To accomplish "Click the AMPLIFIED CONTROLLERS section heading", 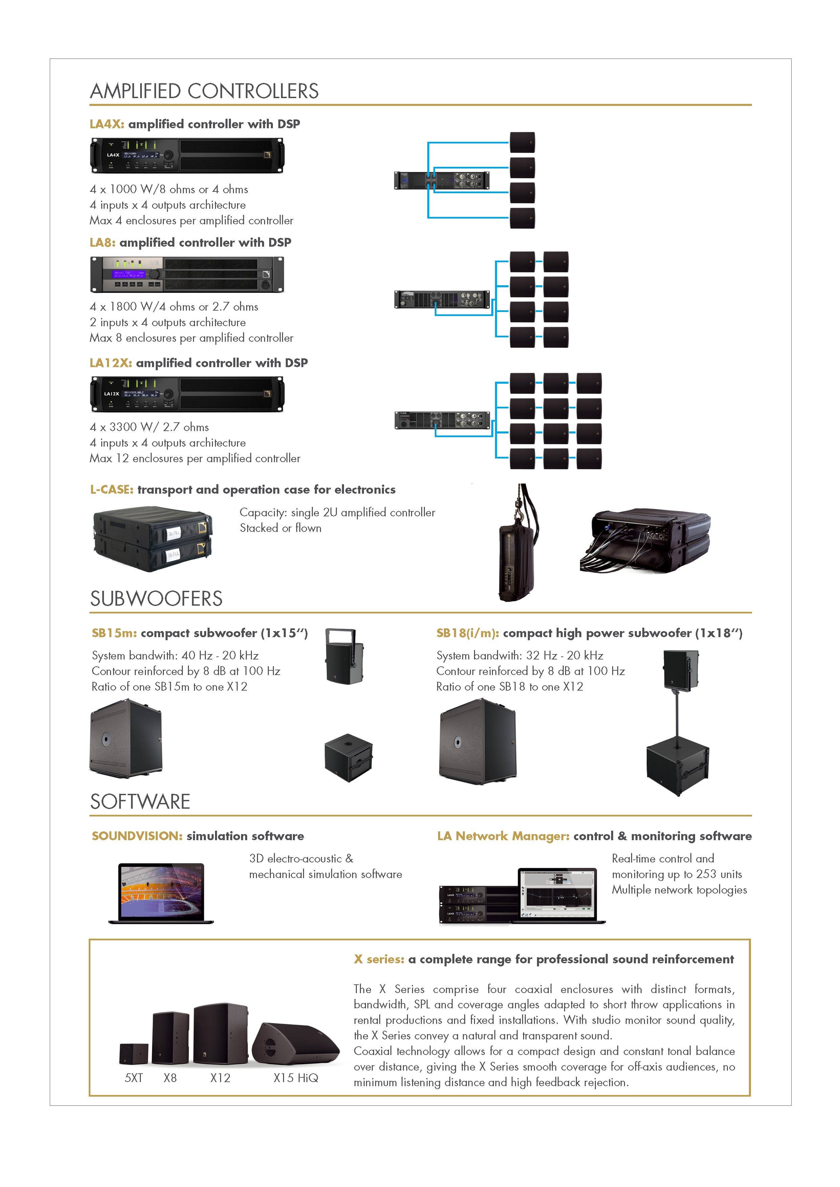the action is click(x=204, y=91).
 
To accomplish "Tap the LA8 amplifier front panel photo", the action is click(x=187, y=274).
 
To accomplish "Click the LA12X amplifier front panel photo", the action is click(x=187, y=394).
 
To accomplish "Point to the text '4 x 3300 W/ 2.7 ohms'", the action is click(x=150, y=427).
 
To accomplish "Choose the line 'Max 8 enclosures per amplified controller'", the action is click(x=191, y=338).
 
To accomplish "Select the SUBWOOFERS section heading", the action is click(x=156, y=599).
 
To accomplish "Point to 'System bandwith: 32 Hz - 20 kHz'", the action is click(x=520, y=655).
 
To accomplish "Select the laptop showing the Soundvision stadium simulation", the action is click(x=161, y=893).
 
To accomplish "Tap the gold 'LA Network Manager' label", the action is click(x=503, y=836).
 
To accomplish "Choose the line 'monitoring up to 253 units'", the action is click(x=676, y=874).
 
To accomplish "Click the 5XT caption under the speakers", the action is click(x=133, y=1078).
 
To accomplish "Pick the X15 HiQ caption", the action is click(x=296, y=1078).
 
